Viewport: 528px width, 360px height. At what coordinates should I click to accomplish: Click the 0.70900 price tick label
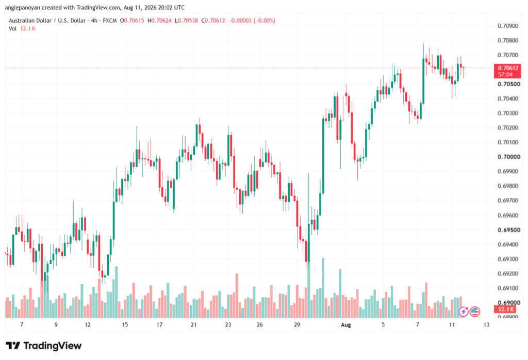click(x=508, y=26)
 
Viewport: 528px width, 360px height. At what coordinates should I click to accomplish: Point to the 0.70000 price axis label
click(x=508, y=157)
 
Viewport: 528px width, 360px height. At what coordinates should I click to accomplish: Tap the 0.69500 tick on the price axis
click(x=508, y=230)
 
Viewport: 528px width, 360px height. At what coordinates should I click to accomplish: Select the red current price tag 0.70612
click(x=507, y=68)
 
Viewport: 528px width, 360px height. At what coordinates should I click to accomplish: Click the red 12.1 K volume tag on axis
click(x=506, y=309)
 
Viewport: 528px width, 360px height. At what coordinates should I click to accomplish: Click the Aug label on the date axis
click(x=346, y=325)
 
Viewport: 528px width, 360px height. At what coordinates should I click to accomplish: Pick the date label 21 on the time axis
click(x=194, y=325)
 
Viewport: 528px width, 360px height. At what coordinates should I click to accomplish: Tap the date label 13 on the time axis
click(x=486, y=325)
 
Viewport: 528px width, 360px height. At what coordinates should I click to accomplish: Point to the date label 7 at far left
click(x=22, y=325)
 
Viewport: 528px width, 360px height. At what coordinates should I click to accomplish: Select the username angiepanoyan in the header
click(x=22, y=7)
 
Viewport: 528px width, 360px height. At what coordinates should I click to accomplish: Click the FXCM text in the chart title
click(x=110, y=21)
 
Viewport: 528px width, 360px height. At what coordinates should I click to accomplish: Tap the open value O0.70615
click(x=132, y=21)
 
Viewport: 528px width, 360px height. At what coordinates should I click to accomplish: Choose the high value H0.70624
click(x=160, y=21)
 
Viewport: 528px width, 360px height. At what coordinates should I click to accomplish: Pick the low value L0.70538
click(x=186, y=21)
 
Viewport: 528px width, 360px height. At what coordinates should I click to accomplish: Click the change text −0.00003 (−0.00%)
click(x=252, y=21)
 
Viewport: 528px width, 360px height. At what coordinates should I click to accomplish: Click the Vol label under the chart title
click(x=12, y=29)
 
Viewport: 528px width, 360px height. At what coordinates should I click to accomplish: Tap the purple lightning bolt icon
click(x=464, y=312)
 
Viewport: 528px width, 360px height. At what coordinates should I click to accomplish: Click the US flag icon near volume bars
click(x=475, y=312)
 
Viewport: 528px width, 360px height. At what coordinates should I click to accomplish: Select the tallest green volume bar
click(x=323, y=288)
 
